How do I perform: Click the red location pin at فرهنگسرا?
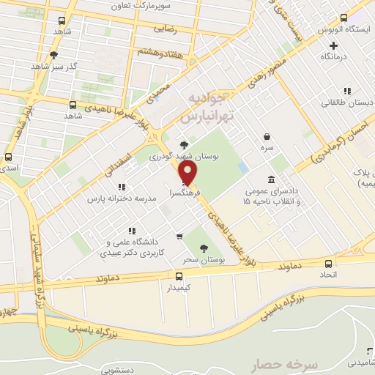click(188, 173)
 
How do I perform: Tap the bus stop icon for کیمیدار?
click(180, 275)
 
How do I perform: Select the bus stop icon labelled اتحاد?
click(328, 264)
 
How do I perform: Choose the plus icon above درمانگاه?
click(334, 45)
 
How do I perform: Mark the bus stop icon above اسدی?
click(9, 157)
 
